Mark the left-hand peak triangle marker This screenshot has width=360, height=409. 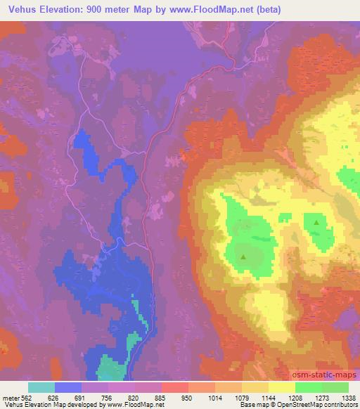pyautogui.click(x=243, y=257)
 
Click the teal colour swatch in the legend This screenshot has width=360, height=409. pyautogui.click(x=41, y=387)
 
